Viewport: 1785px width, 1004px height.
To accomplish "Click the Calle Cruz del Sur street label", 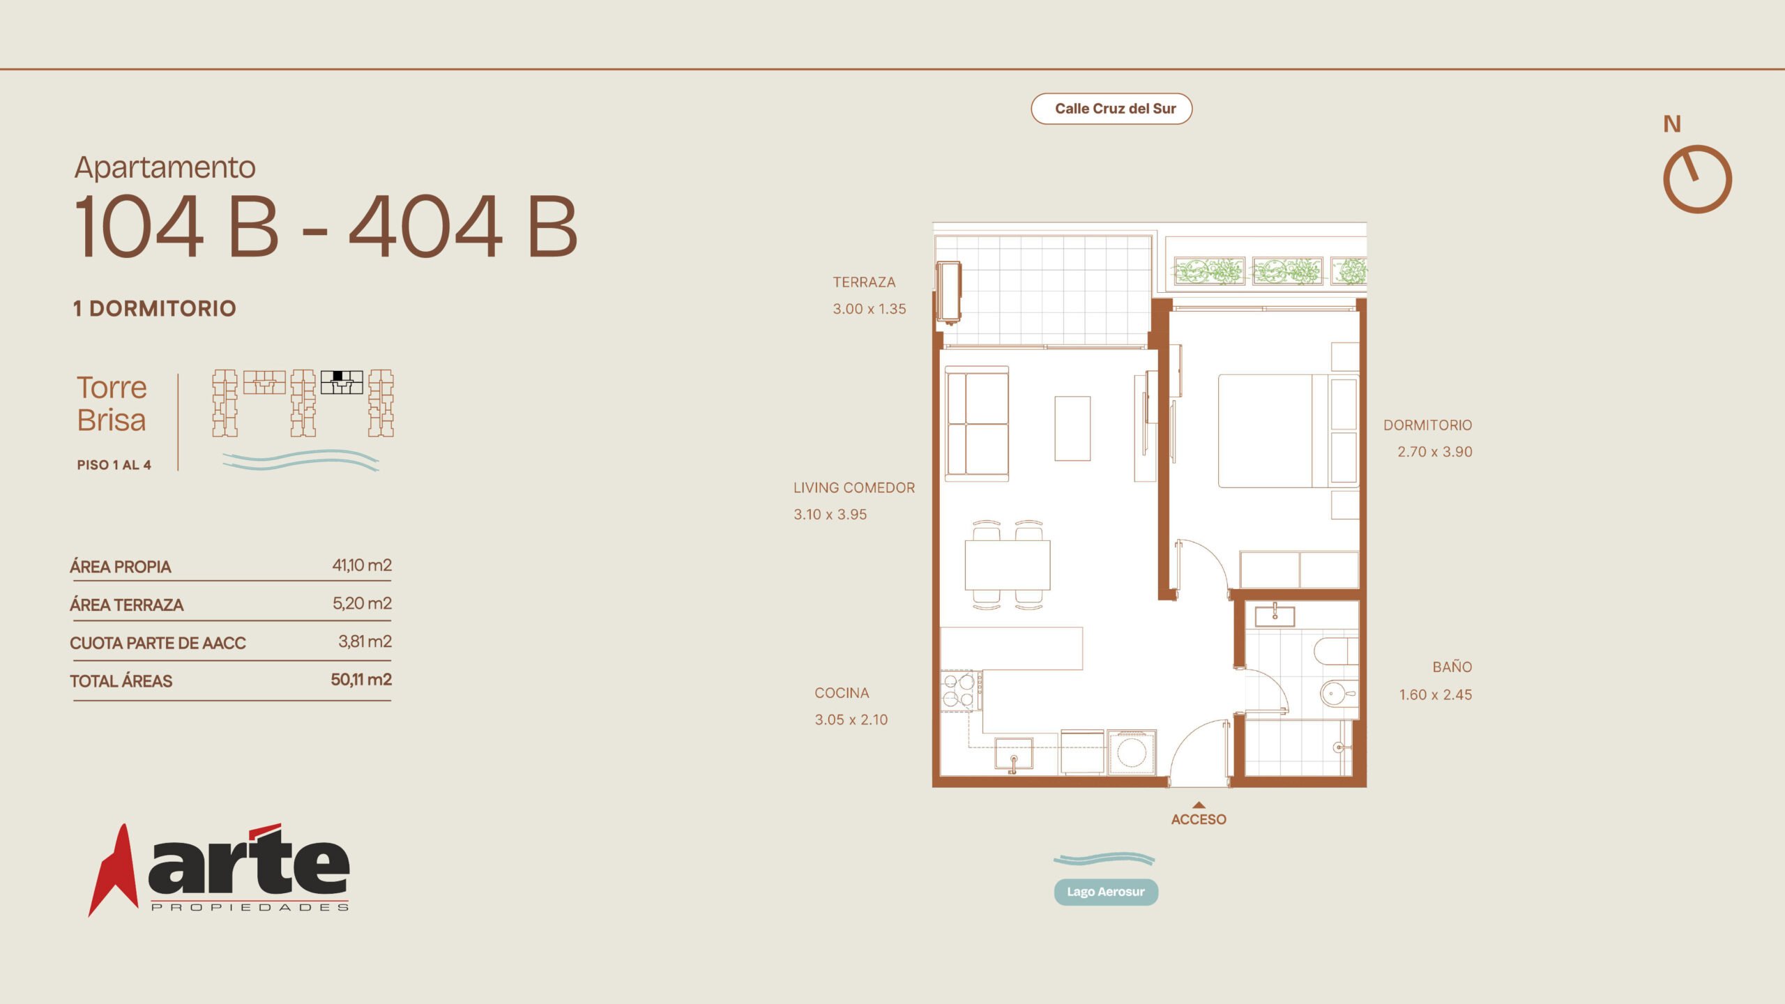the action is tap(1115, 109).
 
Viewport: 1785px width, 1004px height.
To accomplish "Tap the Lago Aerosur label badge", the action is tap(1106, 892).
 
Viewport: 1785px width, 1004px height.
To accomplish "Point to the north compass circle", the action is tap(1698, 179).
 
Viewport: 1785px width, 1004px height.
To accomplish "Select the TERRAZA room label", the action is tap(864, 282).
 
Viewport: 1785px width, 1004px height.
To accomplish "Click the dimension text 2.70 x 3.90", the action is tap(1435, 452).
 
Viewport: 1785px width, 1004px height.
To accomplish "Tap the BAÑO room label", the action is tap(1452, 667).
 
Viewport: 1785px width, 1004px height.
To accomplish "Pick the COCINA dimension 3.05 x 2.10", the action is tap(851, 720).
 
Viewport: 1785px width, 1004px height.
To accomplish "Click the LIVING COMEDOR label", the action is tap(854, 488).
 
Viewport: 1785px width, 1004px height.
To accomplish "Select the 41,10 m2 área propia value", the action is tap(362, 565).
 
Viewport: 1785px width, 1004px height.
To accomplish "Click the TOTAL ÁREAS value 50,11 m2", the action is tap(361, 680).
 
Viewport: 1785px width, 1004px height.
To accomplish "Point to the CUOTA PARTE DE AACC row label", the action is tap(158, 643).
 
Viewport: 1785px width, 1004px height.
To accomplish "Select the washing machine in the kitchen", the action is tap(1131, 752).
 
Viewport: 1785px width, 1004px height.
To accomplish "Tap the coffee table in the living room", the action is tap(1072, 428).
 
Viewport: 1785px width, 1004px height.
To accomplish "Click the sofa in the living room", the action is tap(977, 424).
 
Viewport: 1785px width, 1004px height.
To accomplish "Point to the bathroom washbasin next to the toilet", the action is tap(1339, 693).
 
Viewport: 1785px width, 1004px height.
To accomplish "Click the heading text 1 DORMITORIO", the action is tap(155, 308).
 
